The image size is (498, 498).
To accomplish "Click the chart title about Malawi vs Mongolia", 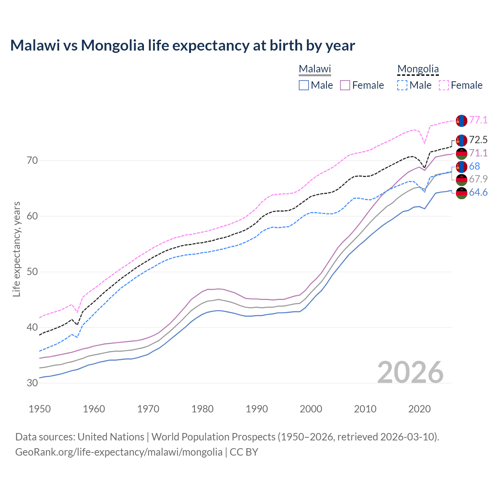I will [x=182, y=46].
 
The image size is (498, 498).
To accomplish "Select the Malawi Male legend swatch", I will [x=304, y=85].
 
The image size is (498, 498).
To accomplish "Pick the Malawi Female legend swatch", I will [x=345, y=85].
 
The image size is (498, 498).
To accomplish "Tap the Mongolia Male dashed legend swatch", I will [x=402, y=85].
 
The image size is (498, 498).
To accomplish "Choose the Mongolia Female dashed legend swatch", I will [x=444, y=85].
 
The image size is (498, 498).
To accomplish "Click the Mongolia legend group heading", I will [x=418, y=69].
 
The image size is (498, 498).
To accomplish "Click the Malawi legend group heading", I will [x=315, y=69].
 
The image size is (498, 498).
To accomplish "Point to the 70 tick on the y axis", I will [x=32, y=160].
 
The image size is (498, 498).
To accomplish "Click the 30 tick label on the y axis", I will [x=32, y=383].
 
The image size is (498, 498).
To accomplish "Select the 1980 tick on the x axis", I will [x=202, y=409].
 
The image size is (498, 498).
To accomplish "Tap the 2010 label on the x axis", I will [x=365, y=409].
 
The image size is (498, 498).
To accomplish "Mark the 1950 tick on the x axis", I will [x=40, y=409].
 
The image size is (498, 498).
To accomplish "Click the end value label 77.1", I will [x=478, y=120].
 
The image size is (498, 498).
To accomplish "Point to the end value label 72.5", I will [x=478, y=140].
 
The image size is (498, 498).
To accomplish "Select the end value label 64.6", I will [x=478, y=193].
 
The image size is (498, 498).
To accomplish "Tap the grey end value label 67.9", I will [x=478, y=179].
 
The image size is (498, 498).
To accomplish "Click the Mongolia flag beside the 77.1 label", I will [x=461, y=121].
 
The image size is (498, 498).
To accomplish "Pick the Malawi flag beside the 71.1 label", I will [x=461, y=153].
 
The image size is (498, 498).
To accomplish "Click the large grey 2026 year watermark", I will [x=410, y=372].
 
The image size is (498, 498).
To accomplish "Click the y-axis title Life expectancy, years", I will [x=17, y=249].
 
